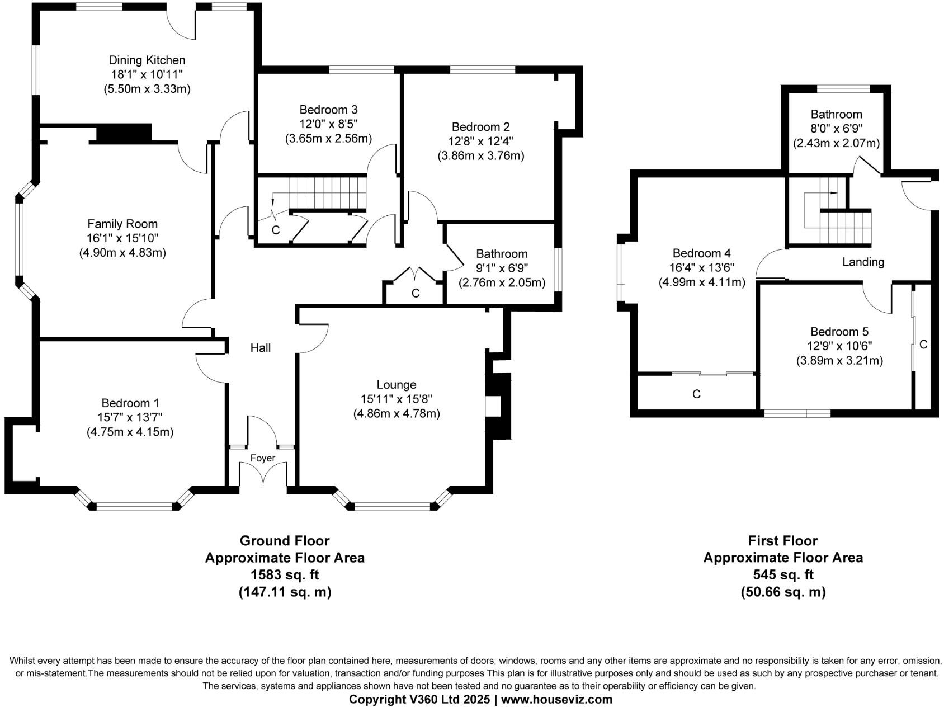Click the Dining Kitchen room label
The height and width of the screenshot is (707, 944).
pyautogui.click(x=147, y=60)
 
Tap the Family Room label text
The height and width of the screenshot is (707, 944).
pyautogui.click(x=122, y=224)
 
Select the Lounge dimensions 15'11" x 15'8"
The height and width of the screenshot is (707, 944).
pyautogui.click(x=396, y=399)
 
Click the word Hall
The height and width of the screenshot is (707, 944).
pyautogui.click(x=261, y=348)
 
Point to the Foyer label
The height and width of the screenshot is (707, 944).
pyautogui.click(x=263, y=458)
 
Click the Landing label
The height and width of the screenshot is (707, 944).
pyautogui.click(x=863, y=262)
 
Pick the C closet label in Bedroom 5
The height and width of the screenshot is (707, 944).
pyautogui.click(x=923, y=345)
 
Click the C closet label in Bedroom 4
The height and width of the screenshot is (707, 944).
pyautogui.click(x=696, y=394)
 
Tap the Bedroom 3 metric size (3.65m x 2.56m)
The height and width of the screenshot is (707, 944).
pyautogui.click(x=328, y=138)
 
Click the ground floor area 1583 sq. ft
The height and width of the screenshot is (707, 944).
pyautogui.click(x=285, y=574)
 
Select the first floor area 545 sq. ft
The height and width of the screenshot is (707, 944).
pyautogui.click(x=783, y=574)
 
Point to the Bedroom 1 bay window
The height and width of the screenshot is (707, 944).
pyautogui.click(x=134, y=506)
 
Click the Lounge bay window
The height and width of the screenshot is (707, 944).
pyautogui.click(x=393, y=506)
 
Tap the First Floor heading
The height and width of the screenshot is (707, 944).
pyautogui.click(x=783, y=541)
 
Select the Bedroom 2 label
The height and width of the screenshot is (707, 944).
pyautogui.click(x=480, y=127)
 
